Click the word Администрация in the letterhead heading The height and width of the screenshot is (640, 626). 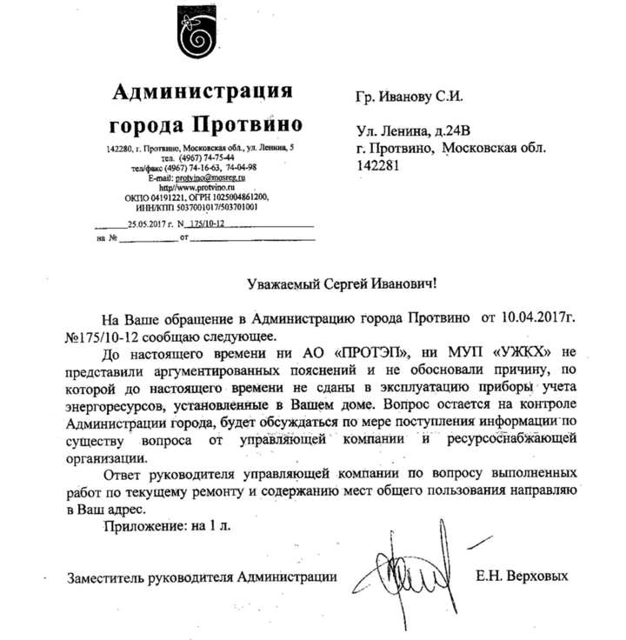point(203,90)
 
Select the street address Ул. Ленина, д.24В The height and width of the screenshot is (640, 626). point(413,131)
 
